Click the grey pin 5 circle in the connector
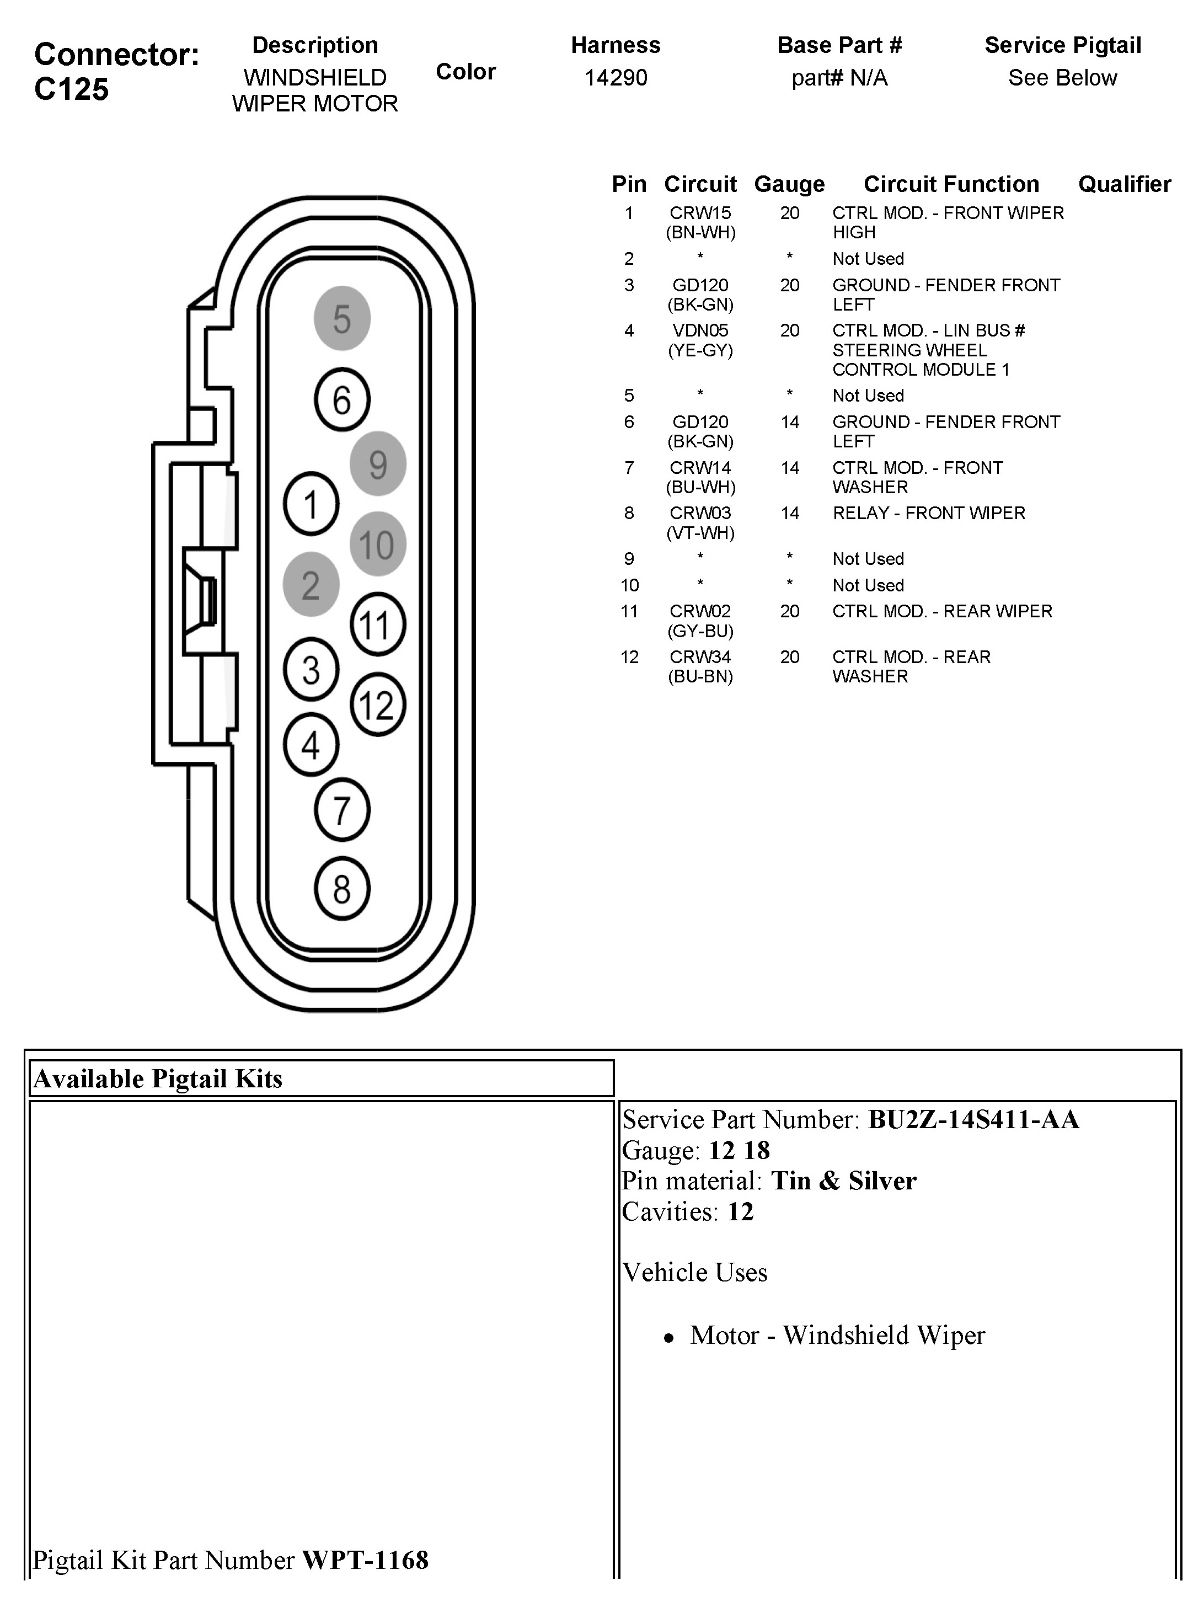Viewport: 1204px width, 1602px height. (342, 319)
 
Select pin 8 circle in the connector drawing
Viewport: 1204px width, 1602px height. (342, 889)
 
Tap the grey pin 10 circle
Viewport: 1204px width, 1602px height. (377, 544)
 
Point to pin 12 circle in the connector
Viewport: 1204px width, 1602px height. (377, 704)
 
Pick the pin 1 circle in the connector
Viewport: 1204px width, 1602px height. (311, 504)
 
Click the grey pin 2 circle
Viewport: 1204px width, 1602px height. (311, 584)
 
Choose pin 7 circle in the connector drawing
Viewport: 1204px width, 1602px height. (342, 810)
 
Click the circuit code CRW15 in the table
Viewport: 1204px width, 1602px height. (700, 213)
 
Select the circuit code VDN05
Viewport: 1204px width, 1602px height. (700, 331)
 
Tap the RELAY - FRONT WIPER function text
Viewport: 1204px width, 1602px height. (928, 514)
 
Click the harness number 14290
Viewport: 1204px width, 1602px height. (616, 77)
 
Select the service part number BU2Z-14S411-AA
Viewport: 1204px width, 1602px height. (973, 1120)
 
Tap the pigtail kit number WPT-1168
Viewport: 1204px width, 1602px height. (365, 1560)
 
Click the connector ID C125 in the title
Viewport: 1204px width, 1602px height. (72, 89)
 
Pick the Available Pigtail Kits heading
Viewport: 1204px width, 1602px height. (158, 1079)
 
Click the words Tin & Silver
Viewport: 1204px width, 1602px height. (843, 1181)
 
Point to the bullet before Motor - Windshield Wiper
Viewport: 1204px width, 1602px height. (669, 1338)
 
